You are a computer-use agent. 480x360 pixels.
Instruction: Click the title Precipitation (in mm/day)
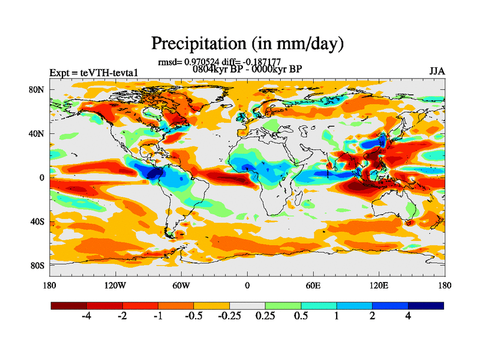tap(247, 43)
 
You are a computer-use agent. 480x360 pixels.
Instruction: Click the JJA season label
tap(437, 71)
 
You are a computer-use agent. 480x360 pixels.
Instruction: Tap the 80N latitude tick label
tap(38, 89)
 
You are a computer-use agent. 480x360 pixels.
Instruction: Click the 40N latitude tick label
tap(38, 133)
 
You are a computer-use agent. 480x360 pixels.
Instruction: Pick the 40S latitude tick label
tap(38, 221)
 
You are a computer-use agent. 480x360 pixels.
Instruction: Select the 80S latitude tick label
tap(38, 265)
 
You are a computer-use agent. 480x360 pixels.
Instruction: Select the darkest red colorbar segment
tap(69, 305)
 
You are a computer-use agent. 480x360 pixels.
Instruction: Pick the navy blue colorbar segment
tap(425, 305)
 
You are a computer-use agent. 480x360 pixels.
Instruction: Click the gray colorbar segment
tap(247, 305)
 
